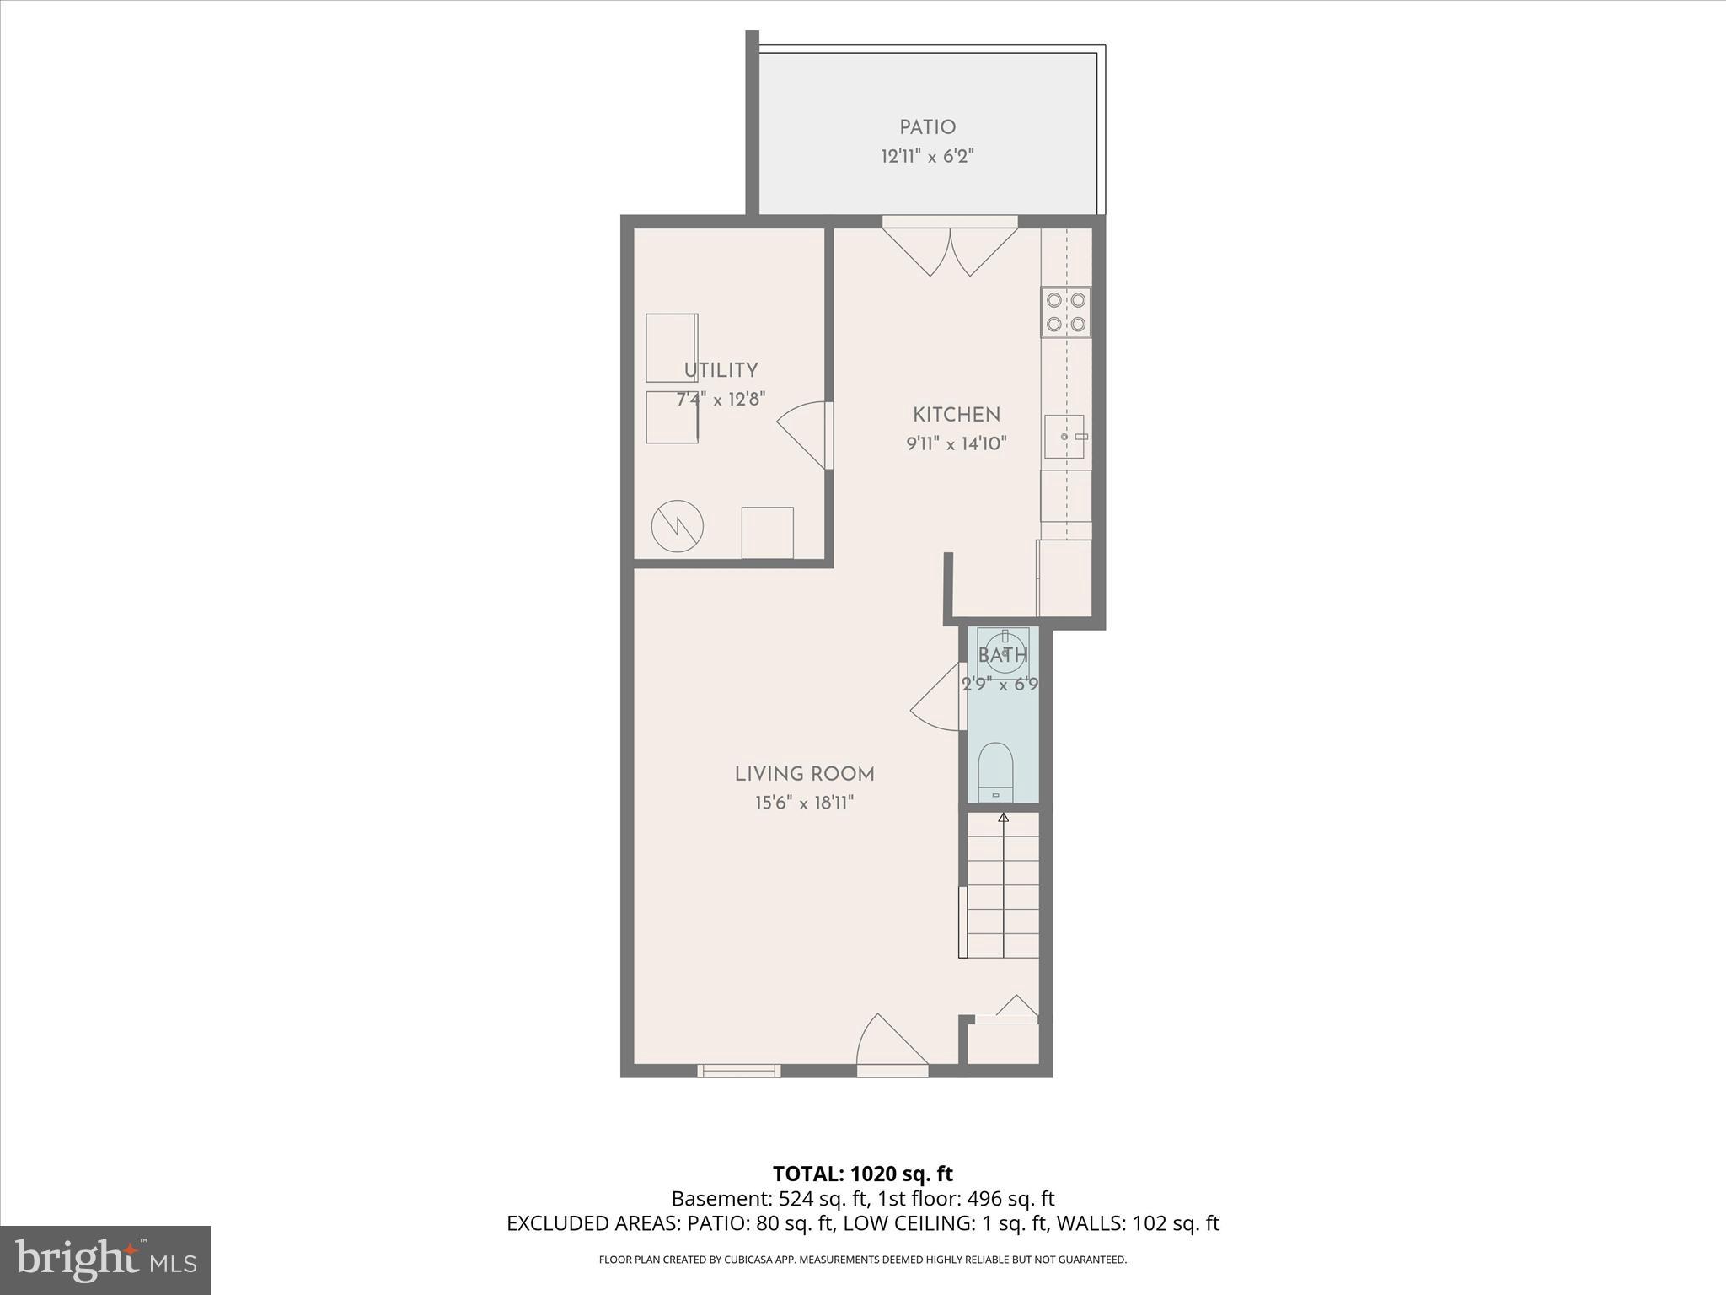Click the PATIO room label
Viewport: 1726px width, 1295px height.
(927, 127)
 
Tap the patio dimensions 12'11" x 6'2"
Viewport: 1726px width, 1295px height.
(927, 156)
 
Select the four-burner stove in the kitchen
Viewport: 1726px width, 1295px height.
(1066, 312)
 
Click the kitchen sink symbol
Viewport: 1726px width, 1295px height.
(1065, 437)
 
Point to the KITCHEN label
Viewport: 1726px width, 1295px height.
(957, 415)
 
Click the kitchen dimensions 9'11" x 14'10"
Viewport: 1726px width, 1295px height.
(957, 443)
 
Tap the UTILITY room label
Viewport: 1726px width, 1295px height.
(721, 370)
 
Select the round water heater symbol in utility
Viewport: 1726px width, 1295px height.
(678, 527)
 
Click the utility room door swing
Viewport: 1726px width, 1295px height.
(805, 434)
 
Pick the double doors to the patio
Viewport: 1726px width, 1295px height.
(950, 250)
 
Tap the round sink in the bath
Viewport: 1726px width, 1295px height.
(1005, 650)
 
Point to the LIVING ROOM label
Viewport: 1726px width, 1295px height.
(804, 774)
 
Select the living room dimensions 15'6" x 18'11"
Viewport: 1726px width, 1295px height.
(804, 803)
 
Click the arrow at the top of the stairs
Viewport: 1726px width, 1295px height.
(1003, 817)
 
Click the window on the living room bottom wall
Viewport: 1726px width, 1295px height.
(738, 1071)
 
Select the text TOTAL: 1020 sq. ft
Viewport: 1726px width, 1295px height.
(862, 1174)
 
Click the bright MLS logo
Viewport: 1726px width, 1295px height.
(105, 1259)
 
